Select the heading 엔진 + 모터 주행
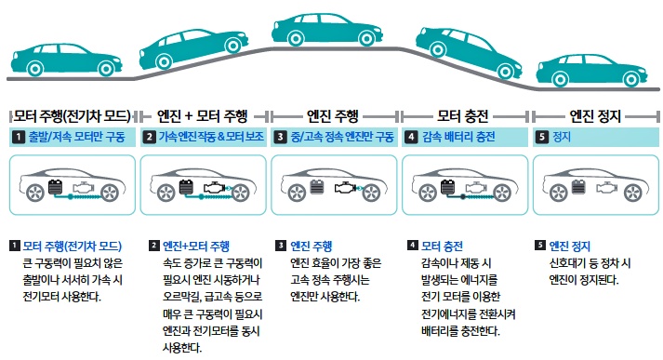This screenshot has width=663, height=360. coord(202,115)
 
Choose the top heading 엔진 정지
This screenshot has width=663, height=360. coord(595,115)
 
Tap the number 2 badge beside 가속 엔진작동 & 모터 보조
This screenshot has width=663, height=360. coord(150,137)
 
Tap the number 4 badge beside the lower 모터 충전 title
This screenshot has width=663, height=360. coord(413,246)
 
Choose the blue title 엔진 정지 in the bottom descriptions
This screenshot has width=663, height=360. coord(570,247)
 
